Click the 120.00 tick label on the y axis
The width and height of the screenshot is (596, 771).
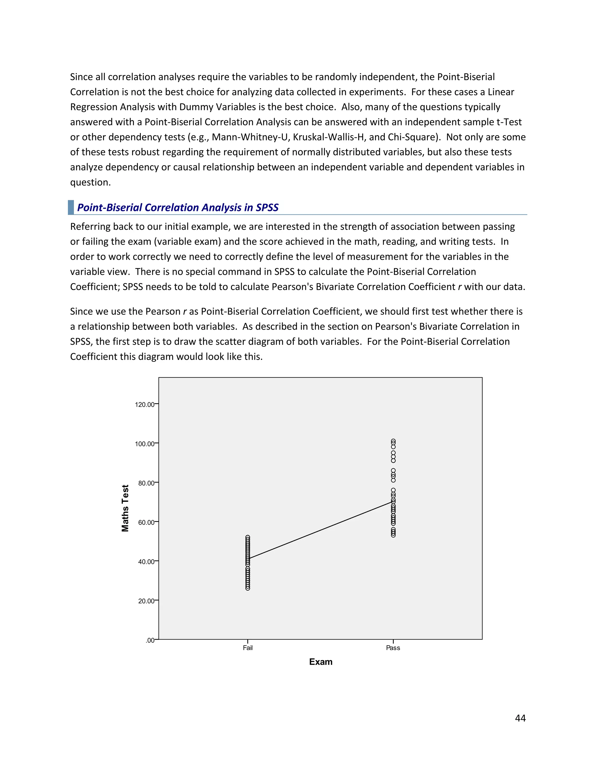click(144, 405)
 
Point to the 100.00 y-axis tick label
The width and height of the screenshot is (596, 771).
click(144, 444)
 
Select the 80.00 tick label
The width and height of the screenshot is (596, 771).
click(146, 483)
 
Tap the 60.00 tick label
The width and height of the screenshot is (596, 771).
click(146, 522)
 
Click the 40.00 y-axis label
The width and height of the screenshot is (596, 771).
click(146, 561)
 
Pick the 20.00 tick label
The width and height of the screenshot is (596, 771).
click(146, 601)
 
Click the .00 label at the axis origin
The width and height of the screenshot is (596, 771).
click(150, 640)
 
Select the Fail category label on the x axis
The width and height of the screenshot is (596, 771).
click(248, 648)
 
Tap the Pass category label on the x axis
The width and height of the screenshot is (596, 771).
click(393, 648)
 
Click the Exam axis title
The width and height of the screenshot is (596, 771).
click(321, 662)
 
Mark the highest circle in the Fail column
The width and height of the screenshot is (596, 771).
click(248, 537)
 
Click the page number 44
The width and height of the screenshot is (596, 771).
click(520, 718)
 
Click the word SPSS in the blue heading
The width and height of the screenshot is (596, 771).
click(267, 207)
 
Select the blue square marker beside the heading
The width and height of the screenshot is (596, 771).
click(71, 207)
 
